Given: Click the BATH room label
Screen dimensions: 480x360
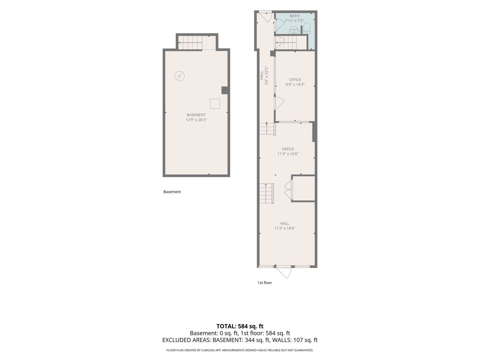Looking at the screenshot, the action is coord(294,16).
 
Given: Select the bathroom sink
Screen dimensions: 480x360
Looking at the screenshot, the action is coord(294,30).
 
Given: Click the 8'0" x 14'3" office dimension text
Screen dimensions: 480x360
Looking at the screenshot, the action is coord(295,85).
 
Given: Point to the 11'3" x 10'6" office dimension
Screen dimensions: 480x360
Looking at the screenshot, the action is coord(288,154).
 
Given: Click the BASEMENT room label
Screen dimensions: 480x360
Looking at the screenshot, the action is coord(196,115).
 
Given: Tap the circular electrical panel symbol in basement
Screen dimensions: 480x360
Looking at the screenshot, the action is coord(180,76).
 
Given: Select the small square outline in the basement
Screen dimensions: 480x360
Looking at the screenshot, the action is coord(215,104).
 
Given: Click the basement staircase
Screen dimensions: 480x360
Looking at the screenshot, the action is coord(190,43).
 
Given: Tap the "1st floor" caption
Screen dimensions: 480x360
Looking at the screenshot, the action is coord(265,283).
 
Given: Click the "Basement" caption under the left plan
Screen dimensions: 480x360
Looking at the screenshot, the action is coord(172,192).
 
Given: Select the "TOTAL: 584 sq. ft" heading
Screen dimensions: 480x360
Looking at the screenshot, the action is coord(240,326).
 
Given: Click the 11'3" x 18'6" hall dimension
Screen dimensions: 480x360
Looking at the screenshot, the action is coord(285,228).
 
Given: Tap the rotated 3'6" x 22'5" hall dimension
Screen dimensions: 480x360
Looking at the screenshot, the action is coord(266,75).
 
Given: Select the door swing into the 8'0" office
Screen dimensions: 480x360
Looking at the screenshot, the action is coord(279,104).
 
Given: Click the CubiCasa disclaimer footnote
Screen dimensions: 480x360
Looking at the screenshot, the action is coord(240,350).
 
